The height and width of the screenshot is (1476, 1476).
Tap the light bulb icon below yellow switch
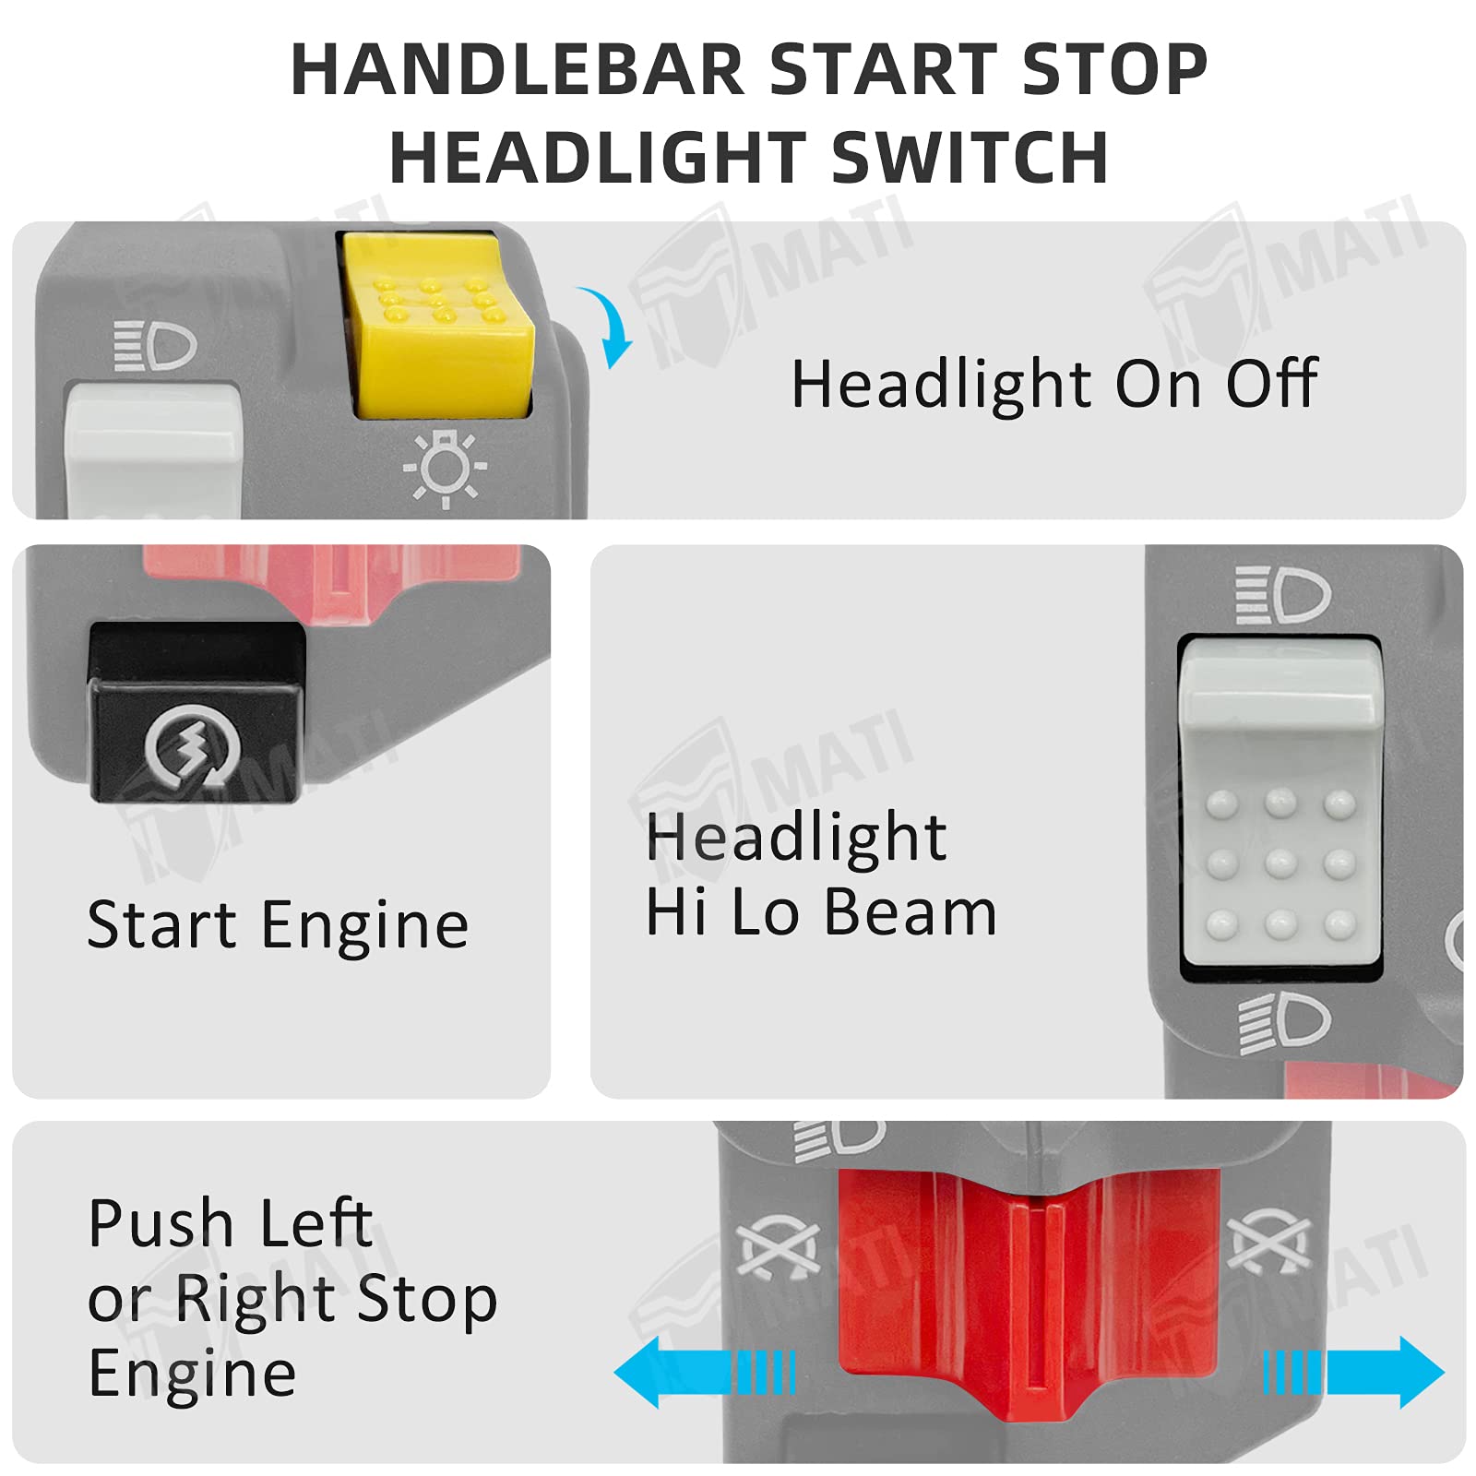pos(445,469)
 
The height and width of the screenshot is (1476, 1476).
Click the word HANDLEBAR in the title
pos(517,70)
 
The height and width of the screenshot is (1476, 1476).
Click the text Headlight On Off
pos(1053,384)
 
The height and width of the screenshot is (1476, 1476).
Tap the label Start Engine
pos(278,925)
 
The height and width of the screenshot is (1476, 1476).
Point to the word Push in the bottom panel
pos(161,1224)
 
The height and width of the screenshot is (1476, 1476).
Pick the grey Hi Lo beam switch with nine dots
pos(1280,803)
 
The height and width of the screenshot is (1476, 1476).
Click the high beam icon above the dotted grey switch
pos(1282,595)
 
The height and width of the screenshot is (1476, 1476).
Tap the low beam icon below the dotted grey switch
pos(1284,1023)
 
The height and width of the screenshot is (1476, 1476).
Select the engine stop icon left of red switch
pos(779,1252)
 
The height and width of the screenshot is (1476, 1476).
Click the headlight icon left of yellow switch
pos(155,346)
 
